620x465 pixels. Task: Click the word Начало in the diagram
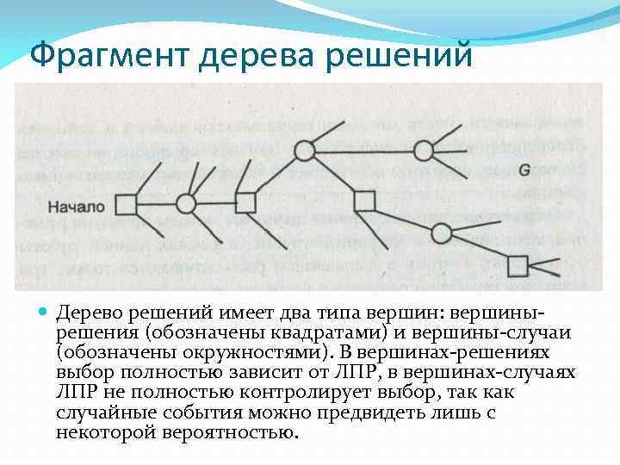coord(76,207)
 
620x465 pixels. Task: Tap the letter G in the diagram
coord(524,170)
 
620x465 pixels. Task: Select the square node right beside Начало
coord(127,204)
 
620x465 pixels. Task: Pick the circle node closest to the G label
coord(423,152)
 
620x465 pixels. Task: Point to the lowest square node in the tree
coord(518,266)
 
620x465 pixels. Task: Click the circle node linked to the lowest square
coord(442,232)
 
